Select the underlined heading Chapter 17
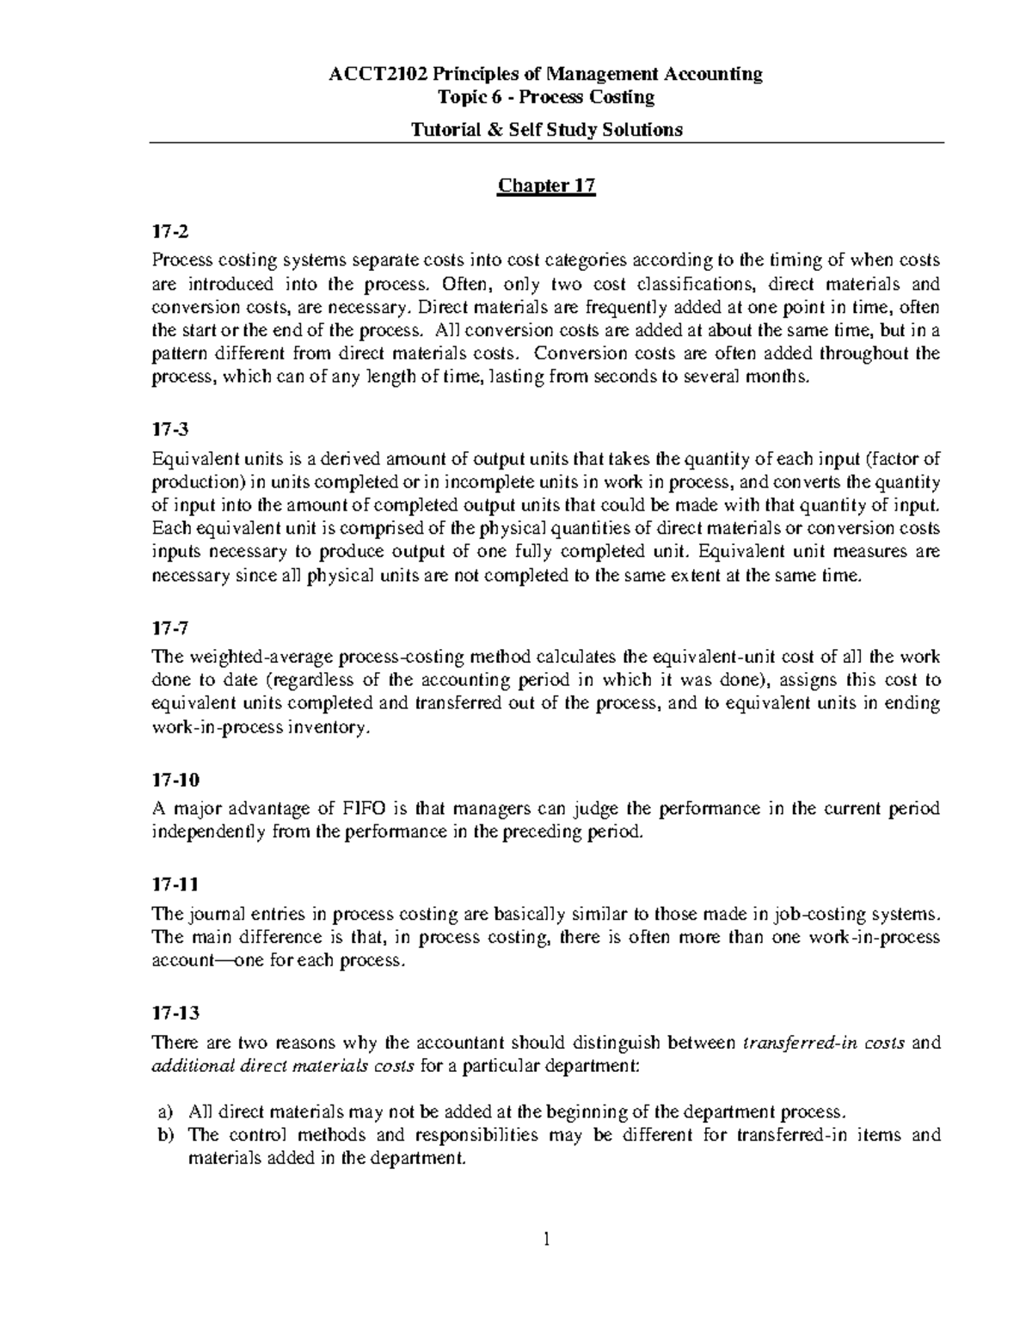tap(546, 186)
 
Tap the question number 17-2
tap(169, 232)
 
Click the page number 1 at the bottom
tap(547, 1240)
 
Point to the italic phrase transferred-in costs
tap(822, 1044)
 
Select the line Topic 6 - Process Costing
tap(546, 97)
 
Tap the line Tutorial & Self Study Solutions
tap(546, 129)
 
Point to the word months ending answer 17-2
tap(778, 377)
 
